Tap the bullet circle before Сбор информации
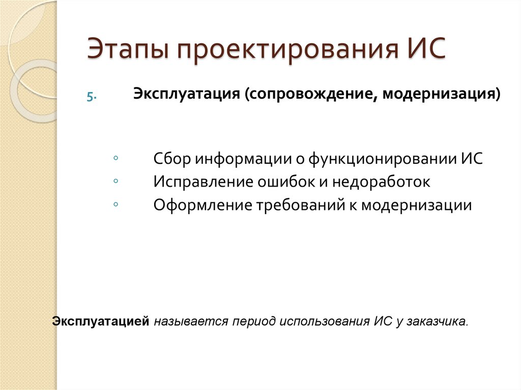pos(117,158)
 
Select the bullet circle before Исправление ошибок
pos(117,181)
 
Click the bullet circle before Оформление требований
pos(117,203)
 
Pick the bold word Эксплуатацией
pos(101,321)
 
